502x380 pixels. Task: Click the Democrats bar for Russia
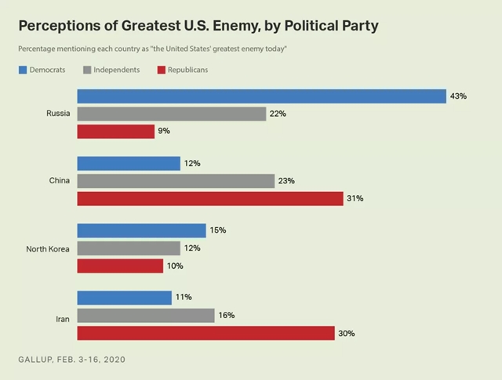coord(261,96)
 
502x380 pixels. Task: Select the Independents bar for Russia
coord(172,114)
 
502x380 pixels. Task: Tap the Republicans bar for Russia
coord(115,132)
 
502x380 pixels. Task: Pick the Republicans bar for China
coord(210,198)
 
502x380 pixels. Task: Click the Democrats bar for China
coord(129,163)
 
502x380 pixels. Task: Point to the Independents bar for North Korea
coord(129,248)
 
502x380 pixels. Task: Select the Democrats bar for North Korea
coord(141,230)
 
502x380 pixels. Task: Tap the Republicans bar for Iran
coord(206,333)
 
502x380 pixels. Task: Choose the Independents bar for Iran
coord(146,315)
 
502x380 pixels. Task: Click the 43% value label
coord(459,96)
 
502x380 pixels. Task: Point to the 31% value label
coord(355,198)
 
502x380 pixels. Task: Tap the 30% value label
coord(347,333)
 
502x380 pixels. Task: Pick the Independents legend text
coord(117,70)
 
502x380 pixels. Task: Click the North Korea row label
coord(49,248)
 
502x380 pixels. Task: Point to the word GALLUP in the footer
coord(35,360)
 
